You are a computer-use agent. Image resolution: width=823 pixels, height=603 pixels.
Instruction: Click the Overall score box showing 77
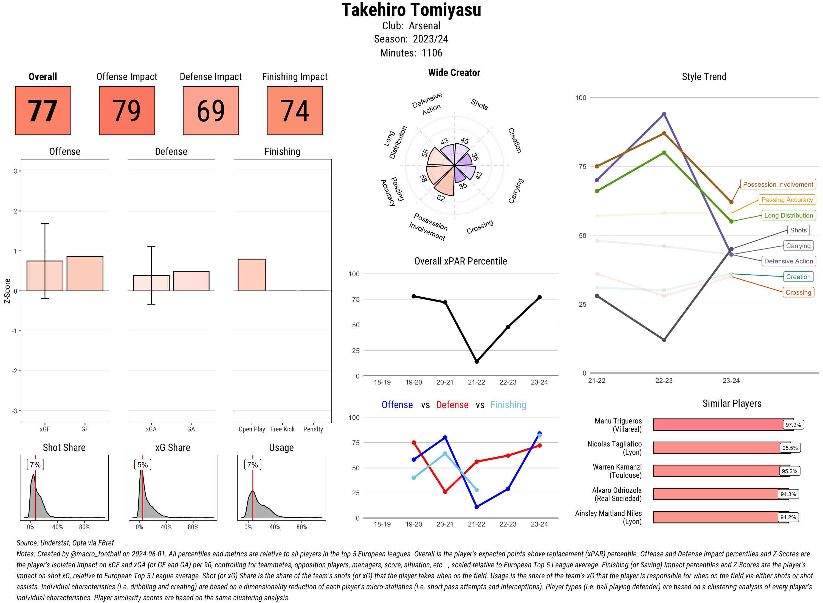click(43, 111)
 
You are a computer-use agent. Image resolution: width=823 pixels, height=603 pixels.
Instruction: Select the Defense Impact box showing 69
click(211, 111)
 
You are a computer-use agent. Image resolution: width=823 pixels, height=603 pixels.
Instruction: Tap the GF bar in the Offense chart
click(85, 274)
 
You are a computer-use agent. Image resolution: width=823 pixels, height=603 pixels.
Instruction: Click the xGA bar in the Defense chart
click(151, 283)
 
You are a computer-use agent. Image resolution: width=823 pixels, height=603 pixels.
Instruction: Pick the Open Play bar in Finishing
click(252, 275)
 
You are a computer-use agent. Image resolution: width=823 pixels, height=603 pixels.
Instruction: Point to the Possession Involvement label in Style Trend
click(778, 184)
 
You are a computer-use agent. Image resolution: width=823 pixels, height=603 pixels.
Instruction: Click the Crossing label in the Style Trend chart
click(798, 292)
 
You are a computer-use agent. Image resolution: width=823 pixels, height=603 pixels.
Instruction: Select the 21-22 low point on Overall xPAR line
click(476, 361)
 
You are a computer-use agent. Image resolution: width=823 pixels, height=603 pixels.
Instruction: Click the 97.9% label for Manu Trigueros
click(793, 425)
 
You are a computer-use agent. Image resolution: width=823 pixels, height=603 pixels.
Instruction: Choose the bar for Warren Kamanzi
click(716, 471)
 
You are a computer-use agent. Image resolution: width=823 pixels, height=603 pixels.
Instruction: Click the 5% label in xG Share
click(142, 465)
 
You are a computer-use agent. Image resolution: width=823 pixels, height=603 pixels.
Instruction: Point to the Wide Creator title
click(454, 73)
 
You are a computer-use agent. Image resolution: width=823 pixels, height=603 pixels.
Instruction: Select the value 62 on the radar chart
click(441, 198)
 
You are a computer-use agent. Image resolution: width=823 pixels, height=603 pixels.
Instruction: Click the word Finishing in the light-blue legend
click(508, 405)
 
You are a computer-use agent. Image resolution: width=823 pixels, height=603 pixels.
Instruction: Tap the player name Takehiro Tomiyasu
click(411, 10)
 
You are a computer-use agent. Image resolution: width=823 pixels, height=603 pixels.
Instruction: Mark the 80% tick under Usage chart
click(302, 527)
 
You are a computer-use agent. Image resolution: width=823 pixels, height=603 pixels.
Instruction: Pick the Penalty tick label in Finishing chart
click(313, 429)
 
